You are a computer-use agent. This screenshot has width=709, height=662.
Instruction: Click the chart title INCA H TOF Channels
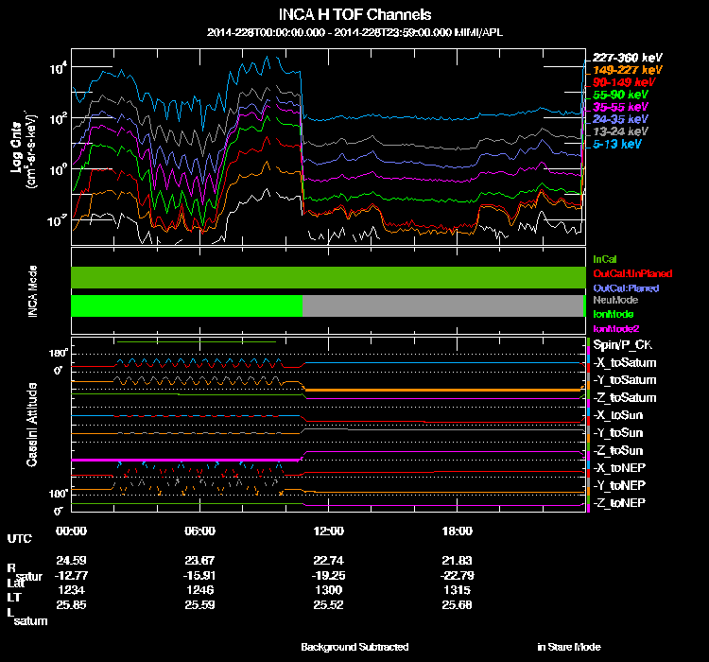click(x=354, y=15)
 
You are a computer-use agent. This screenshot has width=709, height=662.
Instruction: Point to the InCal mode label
click(x=604, y=258)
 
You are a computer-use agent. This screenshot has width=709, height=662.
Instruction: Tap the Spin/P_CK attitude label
click(x=619, y=346)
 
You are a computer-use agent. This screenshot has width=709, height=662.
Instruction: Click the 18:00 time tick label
click(x=457, y=531)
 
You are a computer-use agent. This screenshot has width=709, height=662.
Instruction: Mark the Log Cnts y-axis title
click(x=16, y=149)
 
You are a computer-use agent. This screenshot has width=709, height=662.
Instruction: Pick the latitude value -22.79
click(x=457, y=573)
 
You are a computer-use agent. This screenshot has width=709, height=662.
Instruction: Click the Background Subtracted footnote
click(x=354, y=647)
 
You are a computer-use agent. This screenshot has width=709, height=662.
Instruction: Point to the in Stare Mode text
click(x=568, y=647)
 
